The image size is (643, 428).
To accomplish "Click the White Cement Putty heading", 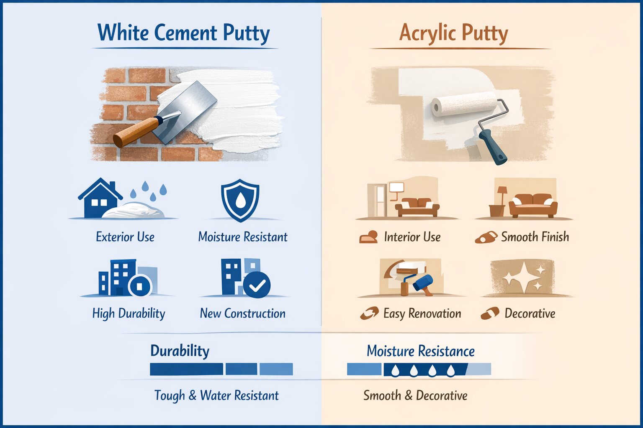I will tap(183, 33).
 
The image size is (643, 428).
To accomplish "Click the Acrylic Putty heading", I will tap(453, 33).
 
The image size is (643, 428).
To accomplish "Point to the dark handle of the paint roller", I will tap(493, 147).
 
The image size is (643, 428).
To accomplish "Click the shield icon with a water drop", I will tap(240, 200).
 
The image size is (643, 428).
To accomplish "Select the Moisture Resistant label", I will tap(243, 237).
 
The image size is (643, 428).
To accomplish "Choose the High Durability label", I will tap(129, 313).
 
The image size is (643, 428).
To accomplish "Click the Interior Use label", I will tap(412, 237).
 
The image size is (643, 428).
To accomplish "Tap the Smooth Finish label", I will tap(535, 237).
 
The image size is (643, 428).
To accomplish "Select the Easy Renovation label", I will tap(422, 313).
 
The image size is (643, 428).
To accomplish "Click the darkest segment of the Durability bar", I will tap(186, 369).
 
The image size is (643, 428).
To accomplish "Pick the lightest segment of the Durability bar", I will tap(276, 369).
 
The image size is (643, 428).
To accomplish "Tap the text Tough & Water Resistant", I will tap(216, 395).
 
